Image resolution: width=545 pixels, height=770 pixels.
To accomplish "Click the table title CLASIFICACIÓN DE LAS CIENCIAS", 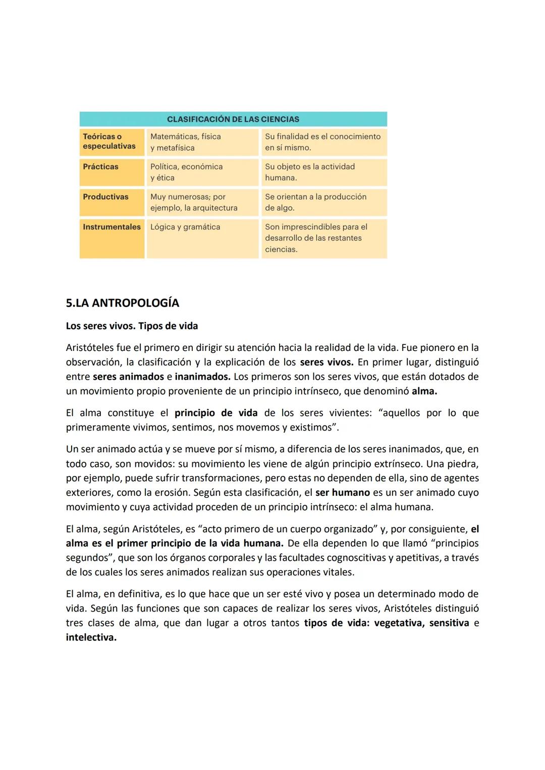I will (x=233, y=120).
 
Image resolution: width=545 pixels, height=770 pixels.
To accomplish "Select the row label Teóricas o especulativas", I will (x=109, y=141).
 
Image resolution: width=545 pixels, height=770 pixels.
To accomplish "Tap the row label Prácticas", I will (x=100, y=166).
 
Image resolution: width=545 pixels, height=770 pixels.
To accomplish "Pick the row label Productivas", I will (x=105, y=197).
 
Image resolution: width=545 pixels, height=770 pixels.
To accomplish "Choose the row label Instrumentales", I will (x=112, y=227).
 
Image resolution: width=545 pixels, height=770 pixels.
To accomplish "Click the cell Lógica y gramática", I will (x=185, y=227).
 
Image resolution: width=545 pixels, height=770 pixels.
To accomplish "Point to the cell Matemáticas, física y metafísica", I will (x=185, y=142).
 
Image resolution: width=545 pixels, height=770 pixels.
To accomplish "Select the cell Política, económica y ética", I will (x=186, y=172).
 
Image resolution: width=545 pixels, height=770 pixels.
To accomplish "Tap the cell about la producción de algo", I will (x=315, y=202).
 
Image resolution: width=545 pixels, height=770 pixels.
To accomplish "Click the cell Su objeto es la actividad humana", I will (x=309, y=172).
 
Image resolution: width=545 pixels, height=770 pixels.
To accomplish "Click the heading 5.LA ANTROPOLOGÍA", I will (x=122, y=303).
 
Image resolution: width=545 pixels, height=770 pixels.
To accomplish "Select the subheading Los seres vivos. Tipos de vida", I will (x=132, y=326).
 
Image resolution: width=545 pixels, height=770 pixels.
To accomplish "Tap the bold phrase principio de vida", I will (x=215, y=413).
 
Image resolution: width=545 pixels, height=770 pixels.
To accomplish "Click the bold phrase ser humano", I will (x=342, y=493).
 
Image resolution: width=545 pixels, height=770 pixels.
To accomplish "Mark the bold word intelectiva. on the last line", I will (x=91, y=637).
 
